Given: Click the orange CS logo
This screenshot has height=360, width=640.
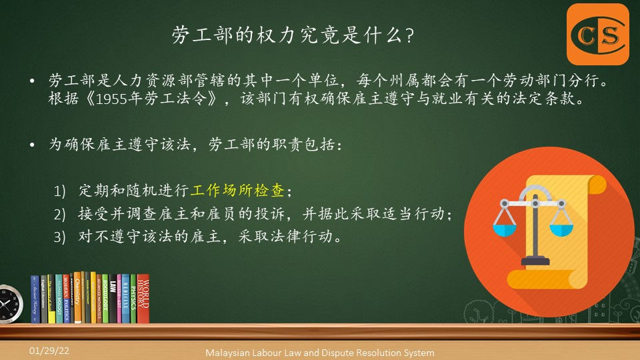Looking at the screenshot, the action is coord(598,34).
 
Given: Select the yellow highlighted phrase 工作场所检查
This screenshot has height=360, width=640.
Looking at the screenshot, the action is coord(237,190).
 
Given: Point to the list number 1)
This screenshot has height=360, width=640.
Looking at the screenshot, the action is coord(59,191).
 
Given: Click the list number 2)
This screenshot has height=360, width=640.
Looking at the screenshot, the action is coord(59,214).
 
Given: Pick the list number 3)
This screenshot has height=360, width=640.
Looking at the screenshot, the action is coord(59,237).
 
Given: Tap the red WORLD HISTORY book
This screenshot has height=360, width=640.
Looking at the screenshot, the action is coord(143,299).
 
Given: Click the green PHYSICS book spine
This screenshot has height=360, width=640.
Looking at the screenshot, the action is coord(133,299).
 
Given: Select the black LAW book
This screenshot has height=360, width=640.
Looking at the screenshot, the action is coord(113,299).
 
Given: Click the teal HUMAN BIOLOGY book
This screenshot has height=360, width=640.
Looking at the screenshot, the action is coord(59,299).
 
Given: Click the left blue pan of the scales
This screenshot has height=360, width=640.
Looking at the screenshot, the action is coord(505,229).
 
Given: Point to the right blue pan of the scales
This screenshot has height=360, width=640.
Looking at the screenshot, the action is coord(561,230).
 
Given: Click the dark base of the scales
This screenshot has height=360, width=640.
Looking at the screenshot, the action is coord(535,261).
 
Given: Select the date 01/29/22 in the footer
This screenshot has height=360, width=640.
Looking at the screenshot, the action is coord(49,351).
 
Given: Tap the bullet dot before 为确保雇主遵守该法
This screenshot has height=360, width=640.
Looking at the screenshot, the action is coord(32,145).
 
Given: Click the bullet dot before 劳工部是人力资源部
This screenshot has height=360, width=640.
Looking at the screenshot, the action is coord(32,81).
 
